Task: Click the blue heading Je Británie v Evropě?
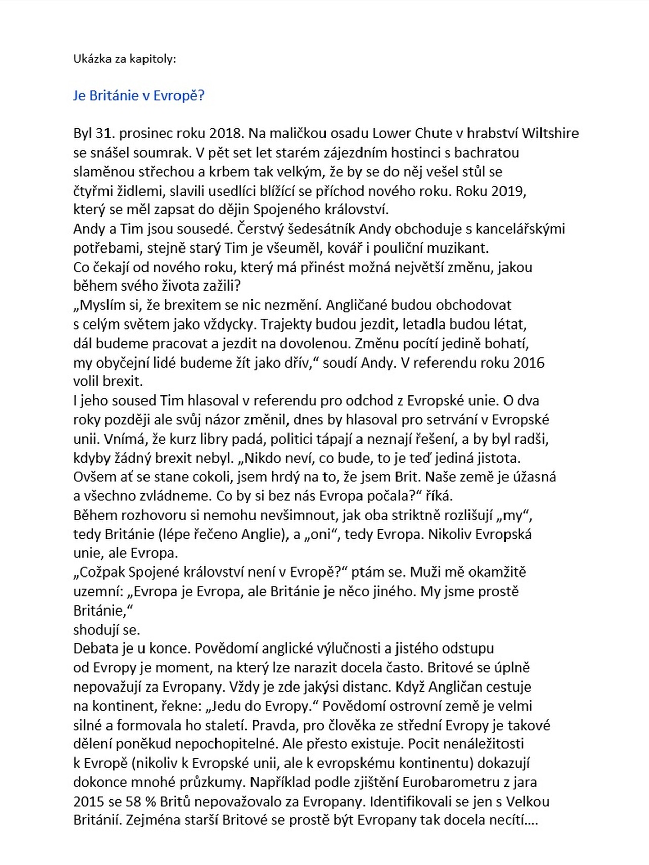[x=138, y=96]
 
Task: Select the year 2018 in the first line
[x=226, y=134]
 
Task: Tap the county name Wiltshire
[x=550, y=134]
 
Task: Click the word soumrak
[x=154, y=153]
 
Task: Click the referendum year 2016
[x=528, y=363]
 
